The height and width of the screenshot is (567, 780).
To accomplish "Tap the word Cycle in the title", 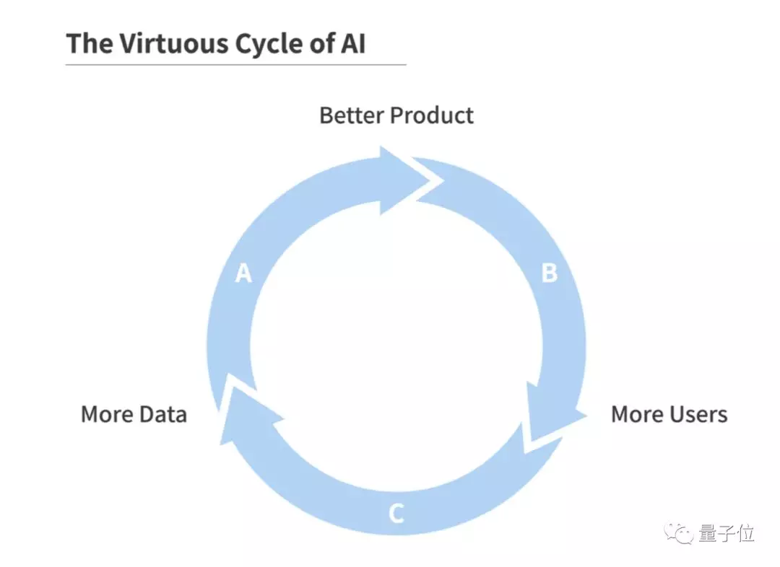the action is pyautogui.click(x=268, y=45).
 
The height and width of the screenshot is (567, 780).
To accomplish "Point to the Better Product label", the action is pyautogui.click(x=396, y=115).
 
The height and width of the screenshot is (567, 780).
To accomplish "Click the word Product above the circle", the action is pyautogui.click(x=432, y=115).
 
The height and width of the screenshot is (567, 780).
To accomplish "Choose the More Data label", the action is pyautogui.click(x=134, y=414).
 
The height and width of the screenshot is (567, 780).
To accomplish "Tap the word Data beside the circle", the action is pyautogui.click(x=162, y=414).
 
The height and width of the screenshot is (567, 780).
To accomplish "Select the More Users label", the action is pyautogui.click(x=669, y=414).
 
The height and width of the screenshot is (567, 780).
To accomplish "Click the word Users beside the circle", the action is pyautogui.click(x=698, y=414).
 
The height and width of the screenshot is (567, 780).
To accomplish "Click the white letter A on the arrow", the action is pyautogui.click(x=243, y=273).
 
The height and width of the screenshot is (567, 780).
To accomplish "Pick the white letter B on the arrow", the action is pyautogui.click(x=549, y=273).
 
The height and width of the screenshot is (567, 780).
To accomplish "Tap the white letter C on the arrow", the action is pyautogui.click(x=396, y=514).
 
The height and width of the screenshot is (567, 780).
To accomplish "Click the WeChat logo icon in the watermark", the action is pyautogui.click(x=679, y=533).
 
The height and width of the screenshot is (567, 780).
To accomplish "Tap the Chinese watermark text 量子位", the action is pyautogui.click(x=727, y=533).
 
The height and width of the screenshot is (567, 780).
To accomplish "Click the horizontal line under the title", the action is pyautogui.click(x=235, y=65).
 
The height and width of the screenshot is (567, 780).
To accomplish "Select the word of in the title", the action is pyautogui.click(x=321, y=44).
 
